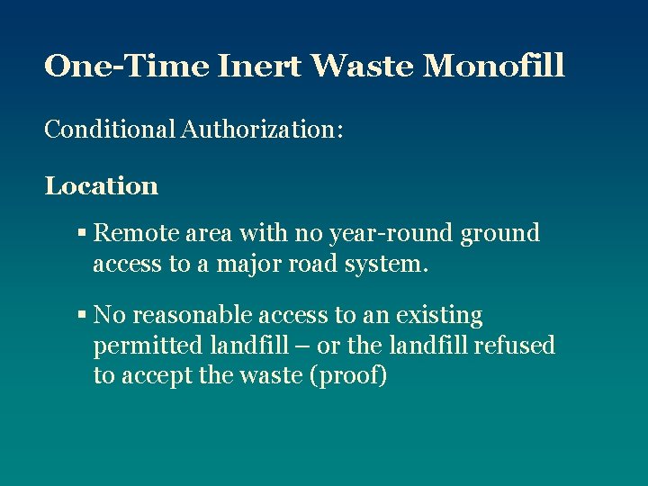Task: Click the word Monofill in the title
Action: pyautogui.click(x=494, y=66)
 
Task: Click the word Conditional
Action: pyautogui.click(x=110, y=130)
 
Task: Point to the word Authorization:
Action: pyautogui.click(x=262, y=130)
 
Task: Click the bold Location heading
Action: pyautogui.click(x=102, y=186)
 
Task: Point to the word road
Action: pyautogui.click(x=301, y=263)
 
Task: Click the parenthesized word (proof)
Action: pyautogui.click(x=348, y=376)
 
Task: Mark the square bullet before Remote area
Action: pyautogui.click(x=81, y=234)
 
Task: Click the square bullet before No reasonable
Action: pyautogui.click(x=81, y=316)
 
